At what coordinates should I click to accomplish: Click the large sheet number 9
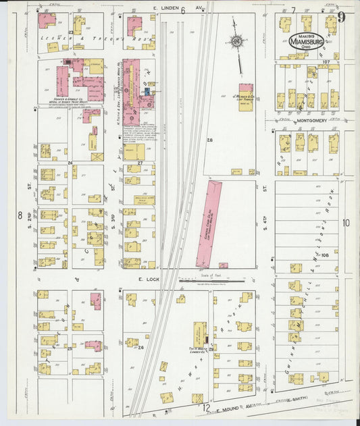pos(342,18)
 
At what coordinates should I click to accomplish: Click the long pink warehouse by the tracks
pos(210,222)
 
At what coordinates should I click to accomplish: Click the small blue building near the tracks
pos(147,90)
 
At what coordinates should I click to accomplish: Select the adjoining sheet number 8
pos(20,215)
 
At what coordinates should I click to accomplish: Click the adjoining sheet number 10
pos(346,223)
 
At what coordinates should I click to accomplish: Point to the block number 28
pos(210,140)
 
